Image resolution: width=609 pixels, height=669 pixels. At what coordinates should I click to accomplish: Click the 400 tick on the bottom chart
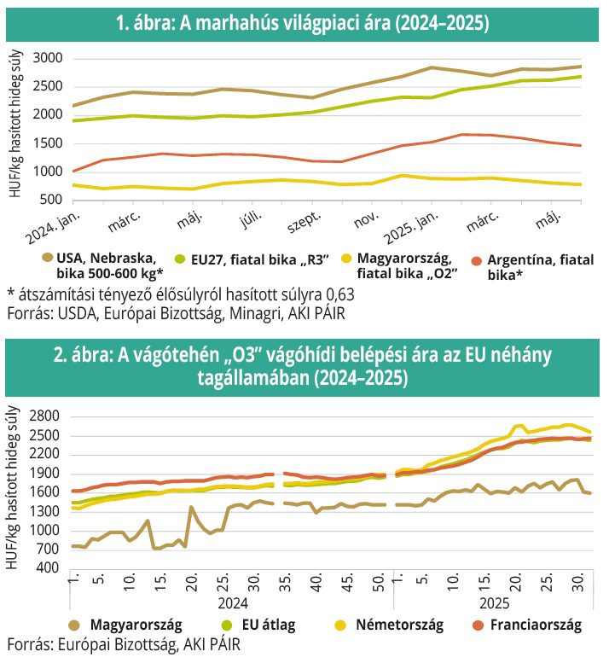[x=49, y=568]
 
